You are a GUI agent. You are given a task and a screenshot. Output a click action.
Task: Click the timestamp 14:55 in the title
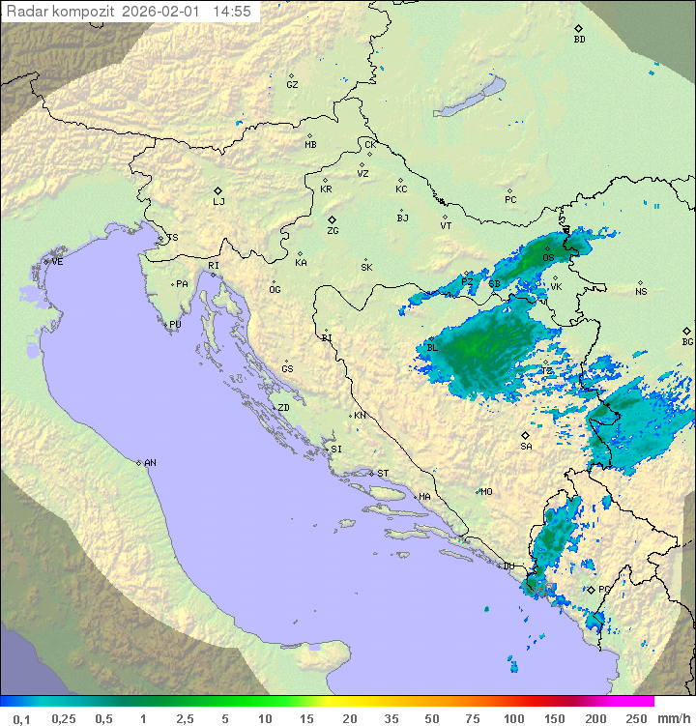pos(232,12)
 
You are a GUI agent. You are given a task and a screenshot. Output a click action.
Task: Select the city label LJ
pos(218,202)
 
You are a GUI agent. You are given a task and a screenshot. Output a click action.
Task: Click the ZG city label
pos(333,231)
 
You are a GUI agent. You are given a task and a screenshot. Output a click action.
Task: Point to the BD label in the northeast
pos(579,40)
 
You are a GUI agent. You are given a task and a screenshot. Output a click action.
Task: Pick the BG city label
pos(687,341)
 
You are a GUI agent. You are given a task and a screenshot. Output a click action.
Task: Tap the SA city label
pos(526,447)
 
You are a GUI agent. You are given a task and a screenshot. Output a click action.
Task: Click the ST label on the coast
pos(383,474)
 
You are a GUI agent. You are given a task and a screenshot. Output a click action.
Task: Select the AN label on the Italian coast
pos(150,463)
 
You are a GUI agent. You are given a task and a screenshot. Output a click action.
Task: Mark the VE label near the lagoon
pos(57,262)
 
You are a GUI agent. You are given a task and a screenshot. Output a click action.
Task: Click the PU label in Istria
pos(175,325)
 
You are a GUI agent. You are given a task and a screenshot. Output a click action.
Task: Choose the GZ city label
pos(292,85)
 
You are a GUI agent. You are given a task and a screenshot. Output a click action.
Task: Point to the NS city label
pos(641,292)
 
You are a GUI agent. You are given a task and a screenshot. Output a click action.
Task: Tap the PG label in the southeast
pos(604,590)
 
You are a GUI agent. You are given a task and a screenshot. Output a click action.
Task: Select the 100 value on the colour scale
pos(513,718)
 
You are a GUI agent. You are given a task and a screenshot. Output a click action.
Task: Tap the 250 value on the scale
pos(635,718)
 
